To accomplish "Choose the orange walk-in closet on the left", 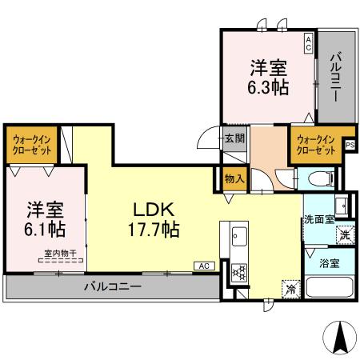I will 32,145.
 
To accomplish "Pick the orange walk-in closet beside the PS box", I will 315,145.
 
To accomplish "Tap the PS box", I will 350,144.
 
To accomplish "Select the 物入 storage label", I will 234,179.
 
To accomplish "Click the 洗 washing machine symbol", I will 342,235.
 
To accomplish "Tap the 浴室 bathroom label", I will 329,261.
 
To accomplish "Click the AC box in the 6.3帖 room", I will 308,42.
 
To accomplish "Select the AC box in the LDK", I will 203,265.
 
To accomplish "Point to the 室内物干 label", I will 60,254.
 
